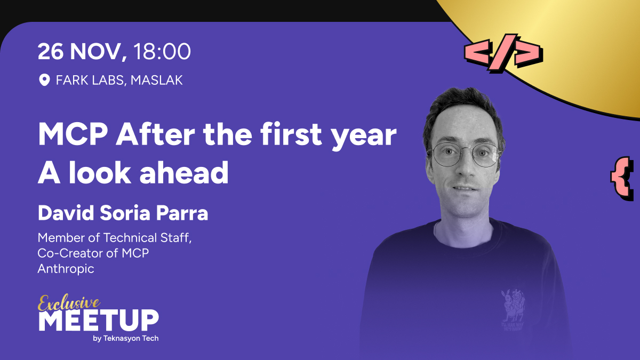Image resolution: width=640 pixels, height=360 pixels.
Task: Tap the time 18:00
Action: click(162, 52)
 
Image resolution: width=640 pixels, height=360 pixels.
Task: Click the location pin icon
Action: click(44, 81)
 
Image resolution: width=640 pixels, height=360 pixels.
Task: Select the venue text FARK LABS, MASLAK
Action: click(119, 81)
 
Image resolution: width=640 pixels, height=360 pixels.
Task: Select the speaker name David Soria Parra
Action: click(123, 213)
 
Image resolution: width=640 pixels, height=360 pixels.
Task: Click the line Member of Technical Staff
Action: click(114, 238)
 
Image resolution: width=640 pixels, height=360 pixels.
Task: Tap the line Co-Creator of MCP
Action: click(93, 253)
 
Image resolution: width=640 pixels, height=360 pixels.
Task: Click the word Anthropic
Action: click(66, 269)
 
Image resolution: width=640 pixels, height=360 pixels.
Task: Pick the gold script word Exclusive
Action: click(69, 303)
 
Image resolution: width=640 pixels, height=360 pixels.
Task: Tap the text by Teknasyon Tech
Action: click(125, 339)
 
